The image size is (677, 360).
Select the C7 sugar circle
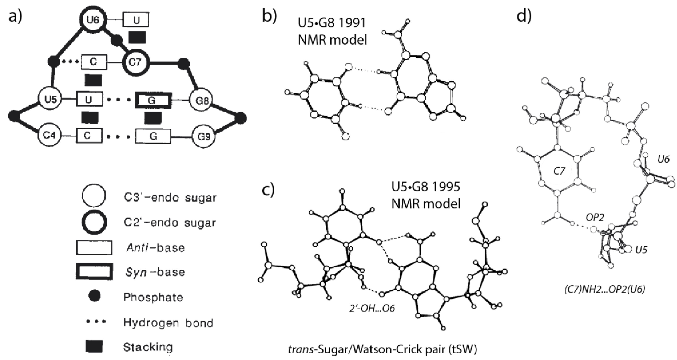tap(135, 63)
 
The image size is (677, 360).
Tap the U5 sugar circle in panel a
tap(51, 99)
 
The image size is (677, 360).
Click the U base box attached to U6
tap(136, 20)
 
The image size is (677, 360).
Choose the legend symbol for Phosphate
tap(94, 296)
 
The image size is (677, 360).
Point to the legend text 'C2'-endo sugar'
tap(170, 223)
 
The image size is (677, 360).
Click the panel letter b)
tap(270, 16)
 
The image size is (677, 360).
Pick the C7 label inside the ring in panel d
tap(559, 171)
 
